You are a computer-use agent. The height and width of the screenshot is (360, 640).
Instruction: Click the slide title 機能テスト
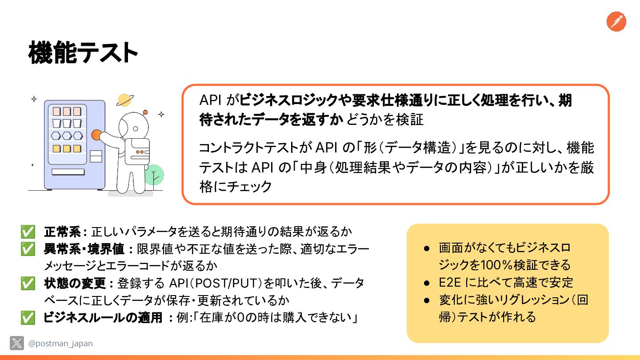(x=83, y=52)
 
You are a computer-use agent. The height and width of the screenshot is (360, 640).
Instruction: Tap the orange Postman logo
(x=616, y=21)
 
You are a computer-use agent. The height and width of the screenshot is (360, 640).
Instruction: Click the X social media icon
(x=17, y=343)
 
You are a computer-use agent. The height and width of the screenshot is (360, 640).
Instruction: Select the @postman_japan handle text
(x=60, y=343)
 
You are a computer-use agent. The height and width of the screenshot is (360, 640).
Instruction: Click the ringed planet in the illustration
(x=125, y=100)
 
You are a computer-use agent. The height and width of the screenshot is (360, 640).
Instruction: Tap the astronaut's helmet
(x=134, y=126)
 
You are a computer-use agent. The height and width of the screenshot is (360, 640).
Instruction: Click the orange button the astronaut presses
(x=96, y=135)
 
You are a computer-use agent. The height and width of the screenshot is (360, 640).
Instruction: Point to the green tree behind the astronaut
(x=154, y=175)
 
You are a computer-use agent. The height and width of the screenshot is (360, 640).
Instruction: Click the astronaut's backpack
(x=137, y=152)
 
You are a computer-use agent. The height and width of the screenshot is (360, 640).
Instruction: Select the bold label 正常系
(x=62, y=232)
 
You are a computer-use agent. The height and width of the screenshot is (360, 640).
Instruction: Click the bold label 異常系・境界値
(x=84, y=249)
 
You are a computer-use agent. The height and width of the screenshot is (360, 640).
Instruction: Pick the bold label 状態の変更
(x=75, y=283)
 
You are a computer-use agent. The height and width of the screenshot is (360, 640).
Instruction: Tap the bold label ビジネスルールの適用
(x=103, y=317)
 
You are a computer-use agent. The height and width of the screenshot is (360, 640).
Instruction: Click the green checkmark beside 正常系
(x=28, y=232)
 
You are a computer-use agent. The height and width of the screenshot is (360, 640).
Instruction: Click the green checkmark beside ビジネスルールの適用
(x=28, y=318)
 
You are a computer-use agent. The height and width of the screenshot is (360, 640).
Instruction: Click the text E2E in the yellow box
(x=450, y=283)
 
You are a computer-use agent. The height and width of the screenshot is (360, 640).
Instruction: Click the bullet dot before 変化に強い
(x=427, y=300)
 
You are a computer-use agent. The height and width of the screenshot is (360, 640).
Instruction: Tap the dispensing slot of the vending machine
(x=68, y=172)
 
